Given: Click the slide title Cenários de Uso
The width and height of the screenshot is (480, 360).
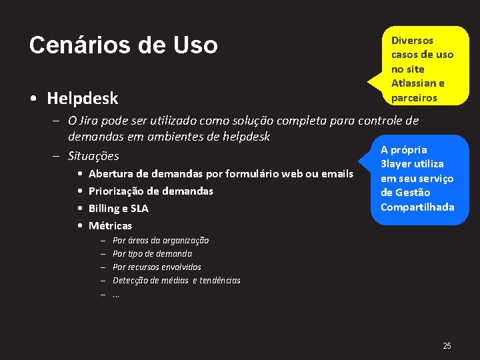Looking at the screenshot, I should pyautogui.click(x=123, y=45).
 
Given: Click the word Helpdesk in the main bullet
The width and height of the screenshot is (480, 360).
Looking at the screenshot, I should pyautogui.click(x=83, y=99).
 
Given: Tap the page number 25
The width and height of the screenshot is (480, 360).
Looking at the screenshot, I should pyautogui.click(x=447, y=345).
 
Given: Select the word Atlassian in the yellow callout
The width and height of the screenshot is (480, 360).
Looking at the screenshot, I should pyautogui.click(x=418, y=83).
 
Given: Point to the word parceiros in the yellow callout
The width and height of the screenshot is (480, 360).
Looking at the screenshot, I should pyautogui.click(x=414, y=98).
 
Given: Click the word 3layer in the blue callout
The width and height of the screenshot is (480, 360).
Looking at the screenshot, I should pyautogui.click(x=395, y=164).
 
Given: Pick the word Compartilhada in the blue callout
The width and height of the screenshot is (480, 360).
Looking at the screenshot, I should pyautogui.click(x=417, y=207).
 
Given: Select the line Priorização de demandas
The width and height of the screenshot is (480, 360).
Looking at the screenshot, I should pyautogui.click(x=151, y=191).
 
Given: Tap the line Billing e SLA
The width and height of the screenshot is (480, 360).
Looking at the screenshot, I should pyautogui.click(x=119, y=209).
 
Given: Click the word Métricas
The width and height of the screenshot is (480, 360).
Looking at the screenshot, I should pyautogui.click(x=110, y=226).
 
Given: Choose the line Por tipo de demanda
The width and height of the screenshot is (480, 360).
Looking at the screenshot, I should pyautogui.click(x=152, y=254).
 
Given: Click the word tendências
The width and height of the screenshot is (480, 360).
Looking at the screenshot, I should pyautogui.click(x=220, y=281).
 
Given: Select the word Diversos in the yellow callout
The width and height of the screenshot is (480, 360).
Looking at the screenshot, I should pyautogui.click(x=412, y=41).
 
